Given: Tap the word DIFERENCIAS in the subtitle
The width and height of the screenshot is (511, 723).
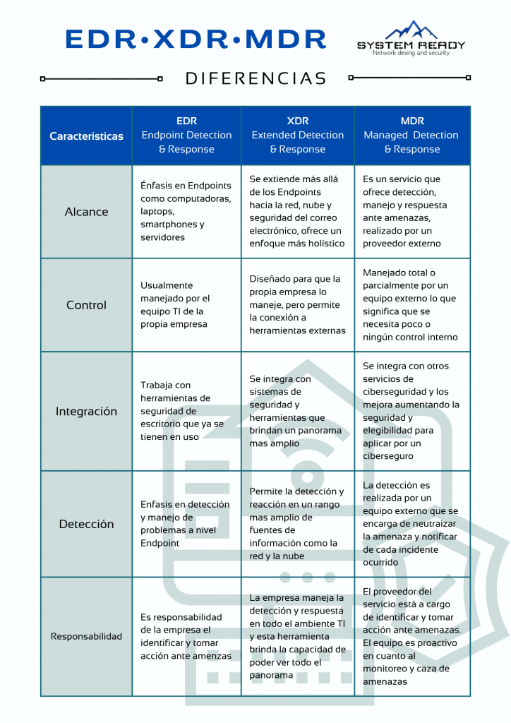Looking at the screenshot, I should [x=255, y=78].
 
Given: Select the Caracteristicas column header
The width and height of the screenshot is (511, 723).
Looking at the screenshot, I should [x=86, y=136].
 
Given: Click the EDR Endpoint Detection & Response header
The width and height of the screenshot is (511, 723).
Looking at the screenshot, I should [x=186, y=135].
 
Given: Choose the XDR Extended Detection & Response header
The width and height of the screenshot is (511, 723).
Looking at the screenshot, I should [x=297, y=135].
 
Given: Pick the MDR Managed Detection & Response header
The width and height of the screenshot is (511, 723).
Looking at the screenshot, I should [x=411, y=135].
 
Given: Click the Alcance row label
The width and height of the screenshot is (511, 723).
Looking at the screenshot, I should [x=86, y=212].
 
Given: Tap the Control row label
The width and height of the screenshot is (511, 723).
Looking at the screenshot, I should [x=86, y=305].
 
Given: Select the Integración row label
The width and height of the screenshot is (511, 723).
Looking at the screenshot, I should [x=86, y=411].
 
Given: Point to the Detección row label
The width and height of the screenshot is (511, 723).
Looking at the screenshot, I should [x=86, y=524].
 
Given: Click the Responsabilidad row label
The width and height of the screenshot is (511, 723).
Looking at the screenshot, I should [x=86, y=636].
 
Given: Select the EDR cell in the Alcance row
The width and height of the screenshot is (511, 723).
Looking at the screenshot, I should [x=186, y=212].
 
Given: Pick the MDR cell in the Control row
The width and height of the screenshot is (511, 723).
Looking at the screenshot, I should [x=411, y=305].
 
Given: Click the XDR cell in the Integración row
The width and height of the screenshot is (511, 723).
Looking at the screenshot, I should [x=297, y=411].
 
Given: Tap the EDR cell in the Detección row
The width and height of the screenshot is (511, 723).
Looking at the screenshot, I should [x=186, y=524].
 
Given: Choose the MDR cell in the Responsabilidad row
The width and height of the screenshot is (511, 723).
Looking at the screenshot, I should [x=411, y=636].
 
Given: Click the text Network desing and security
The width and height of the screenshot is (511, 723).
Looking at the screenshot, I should [x=411, y=54].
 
